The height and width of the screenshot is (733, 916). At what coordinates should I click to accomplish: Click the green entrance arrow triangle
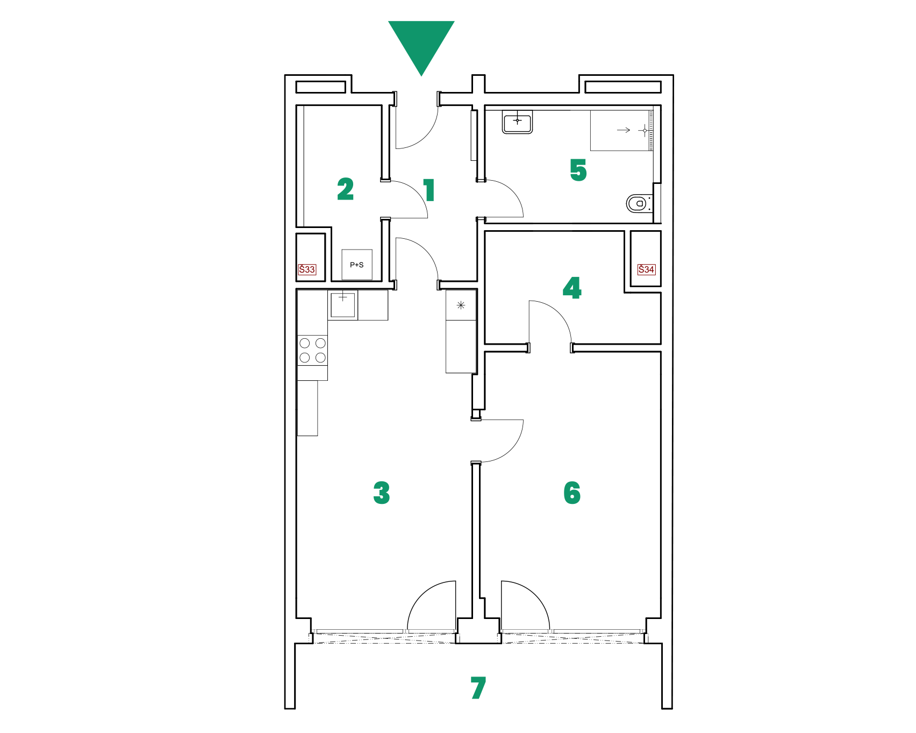[421, 43]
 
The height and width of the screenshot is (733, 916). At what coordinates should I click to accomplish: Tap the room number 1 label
[428, 190]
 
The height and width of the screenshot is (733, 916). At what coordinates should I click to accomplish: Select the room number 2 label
[346, 189]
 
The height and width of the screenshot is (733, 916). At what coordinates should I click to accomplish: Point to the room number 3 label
[382, 493]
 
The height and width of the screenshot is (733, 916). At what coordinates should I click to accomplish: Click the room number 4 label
[572, 288]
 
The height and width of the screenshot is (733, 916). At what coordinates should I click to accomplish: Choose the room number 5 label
[578, 170]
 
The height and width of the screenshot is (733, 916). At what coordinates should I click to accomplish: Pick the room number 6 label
[572, 493]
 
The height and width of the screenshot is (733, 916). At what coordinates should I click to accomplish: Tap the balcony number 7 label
[478, 688]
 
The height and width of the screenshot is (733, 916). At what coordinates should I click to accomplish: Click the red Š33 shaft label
[307, 269]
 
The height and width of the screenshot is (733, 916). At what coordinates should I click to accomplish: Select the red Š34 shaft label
[646, 269]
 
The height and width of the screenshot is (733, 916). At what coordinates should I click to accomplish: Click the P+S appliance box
[357, 265]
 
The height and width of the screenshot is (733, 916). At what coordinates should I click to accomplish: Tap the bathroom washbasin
[517, 122]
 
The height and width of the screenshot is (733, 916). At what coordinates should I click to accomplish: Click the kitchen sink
[343, 305]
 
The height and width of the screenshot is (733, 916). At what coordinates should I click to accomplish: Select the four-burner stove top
[312, 350]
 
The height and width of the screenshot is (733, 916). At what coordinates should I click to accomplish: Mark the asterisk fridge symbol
[461, 305]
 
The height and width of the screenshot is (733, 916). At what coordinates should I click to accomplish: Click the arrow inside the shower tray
[624, 130]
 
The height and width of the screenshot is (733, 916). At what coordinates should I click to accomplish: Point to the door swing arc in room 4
[559, 311]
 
